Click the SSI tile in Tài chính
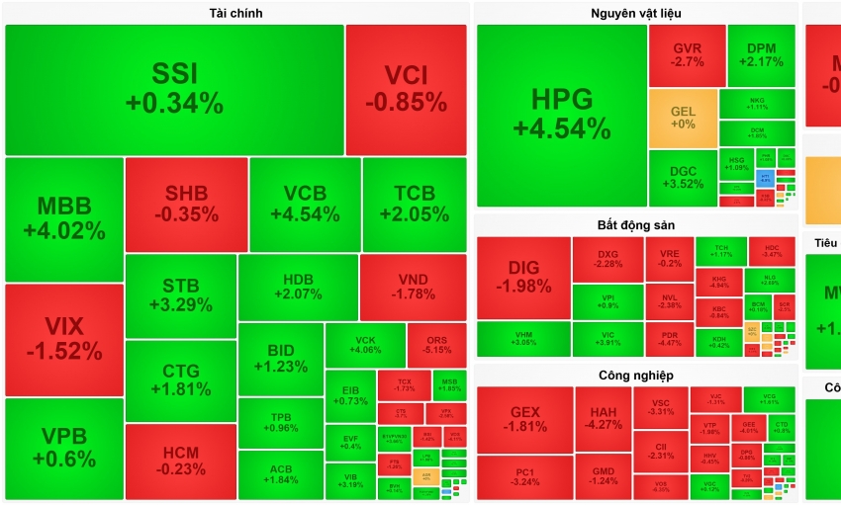[174, 89]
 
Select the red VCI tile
[406, 89]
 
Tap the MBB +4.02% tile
[63, 218]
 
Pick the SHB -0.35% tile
[186, 205]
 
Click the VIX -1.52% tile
[63, 339]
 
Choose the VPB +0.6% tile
[63, 448]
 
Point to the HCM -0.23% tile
[180, 462]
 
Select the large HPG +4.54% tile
[561, 115]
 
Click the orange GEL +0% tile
[683, 118]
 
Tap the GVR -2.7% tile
[687, 55]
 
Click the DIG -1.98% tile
[523, 277]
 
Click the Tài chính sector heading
[235, 13]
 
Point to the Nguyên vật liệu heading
[636, 13]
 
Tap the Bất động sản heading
[636, 225]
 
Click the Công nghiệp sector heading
[636, 376]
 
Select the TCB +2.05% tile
[415, 205]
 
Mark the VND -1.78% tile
[413, 287]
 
